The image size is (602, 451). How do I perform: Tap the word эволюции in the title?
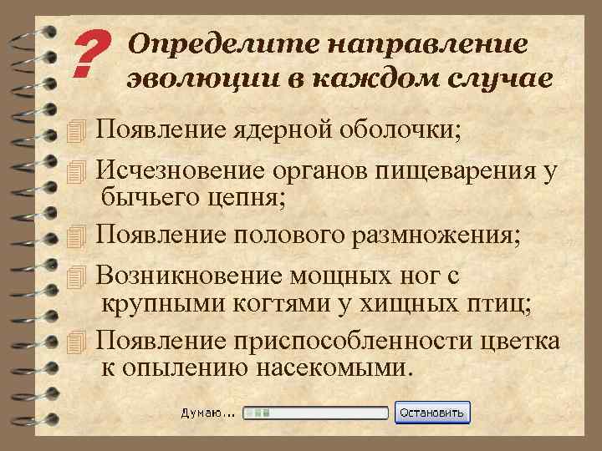[189, 79]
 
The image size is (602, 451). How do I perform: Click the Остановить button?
[434, 413]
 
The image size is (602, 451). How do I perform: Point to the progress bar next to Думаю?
[314, 413]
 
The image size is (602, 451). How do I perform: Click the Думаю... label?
[207, 413]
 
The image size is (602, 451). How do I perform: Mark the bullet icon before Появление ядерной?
[79, 131]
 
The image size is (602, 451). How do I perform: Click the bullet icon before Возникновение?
[79, 276]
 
